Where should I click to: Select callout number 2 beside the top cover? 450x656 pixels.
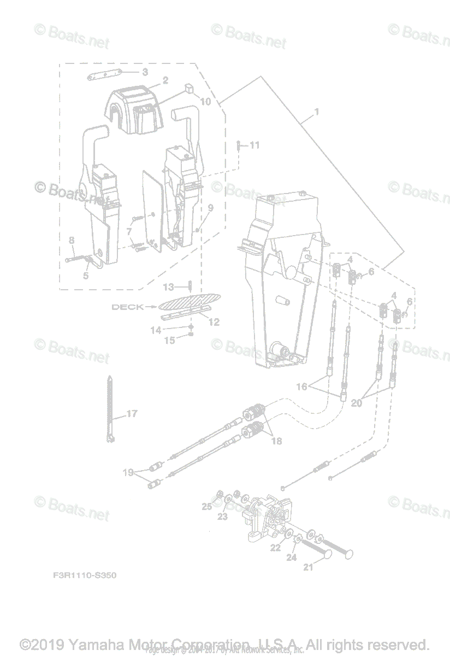pyautogui.click(x=165, y=80)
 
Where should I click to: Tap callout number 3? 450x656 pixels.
pyautogui.click(x=145, y=72)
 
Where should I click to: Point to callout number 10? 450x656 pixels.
pyautogui.click(x=205, y=101)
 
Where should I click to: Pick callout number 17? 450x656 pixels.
pyautogui.click(x=132, y=414)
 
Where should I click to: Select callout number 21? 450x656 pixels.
pyautogui.click(x=309, y=567)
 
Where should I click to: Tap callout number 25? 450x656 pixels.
pyautogui.click(x=207, y=507)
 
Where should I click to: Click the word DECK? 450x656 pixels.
pyautogui.click(x=128, y=307)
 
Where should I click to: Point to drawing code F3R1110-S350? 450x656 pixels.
pyautogui.click(x=85, y=576)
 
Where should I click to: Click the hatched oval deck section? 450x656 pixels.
pyautogui.click(x=189, y=301)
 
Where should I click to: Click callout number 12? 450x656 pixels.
pyautogui.click(x=214, y=322)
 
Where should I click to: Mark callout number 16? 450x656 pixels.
pyautogui.click(x=301, y=386)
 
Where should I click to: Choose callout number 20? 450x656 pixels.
pyautogui.click(x=356, y=403)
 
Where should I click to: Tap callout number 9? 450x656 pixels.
pyautogui.click(x=210, y=208)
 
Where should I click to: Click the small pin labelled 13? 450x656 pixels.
pyautogui.click(x=190, y=286)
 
